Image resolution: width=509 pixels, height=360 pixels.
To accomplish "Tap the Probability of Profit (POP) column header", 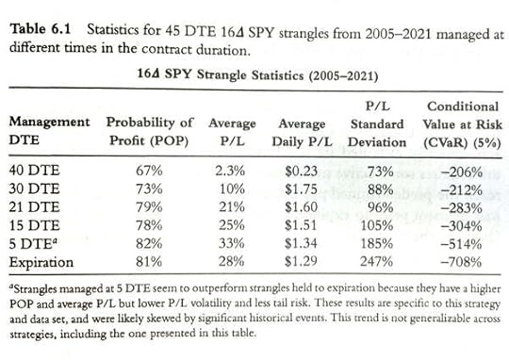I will pos(148,131).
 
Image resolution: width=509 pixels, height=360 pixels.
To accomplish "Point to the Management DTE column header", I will pos(50,131).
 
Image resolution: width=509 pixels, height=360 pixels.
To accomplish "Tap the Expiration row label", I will pos(39,259).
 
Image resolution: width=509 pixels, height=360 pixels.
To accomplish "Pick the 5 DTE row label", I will pos(30,241).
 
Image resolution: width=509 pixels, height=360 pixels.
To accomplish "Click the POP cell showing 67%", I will pos(149,172).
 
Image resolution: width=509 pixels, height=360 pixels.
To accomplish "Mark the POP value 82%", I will pos(149,241).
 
